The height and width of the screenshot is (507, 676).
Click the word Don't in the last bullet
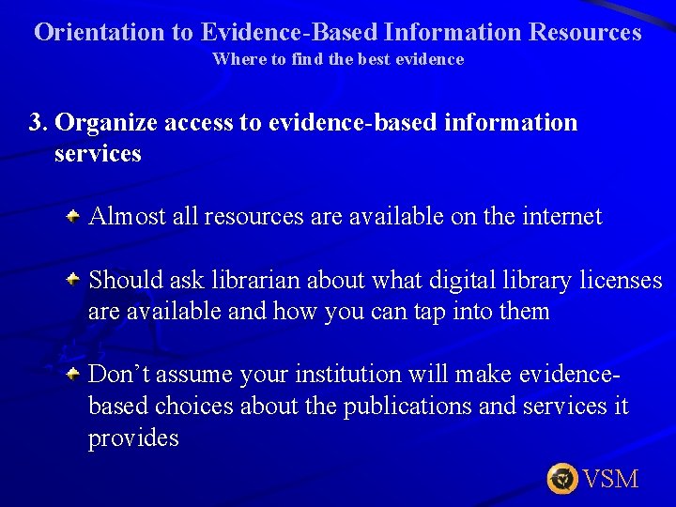(120, 375)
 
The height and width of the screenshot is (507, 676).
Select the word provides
(133, 438)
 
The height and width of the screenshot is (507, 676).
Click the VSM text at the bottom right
(610, 479)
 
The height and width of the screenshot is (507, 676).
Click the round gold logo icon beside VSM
(562, 479)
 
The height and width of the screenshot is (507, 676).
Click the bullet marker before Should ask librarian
(72, 280)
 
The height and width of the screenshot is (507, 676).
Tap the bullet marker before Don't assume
(72, 374)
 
